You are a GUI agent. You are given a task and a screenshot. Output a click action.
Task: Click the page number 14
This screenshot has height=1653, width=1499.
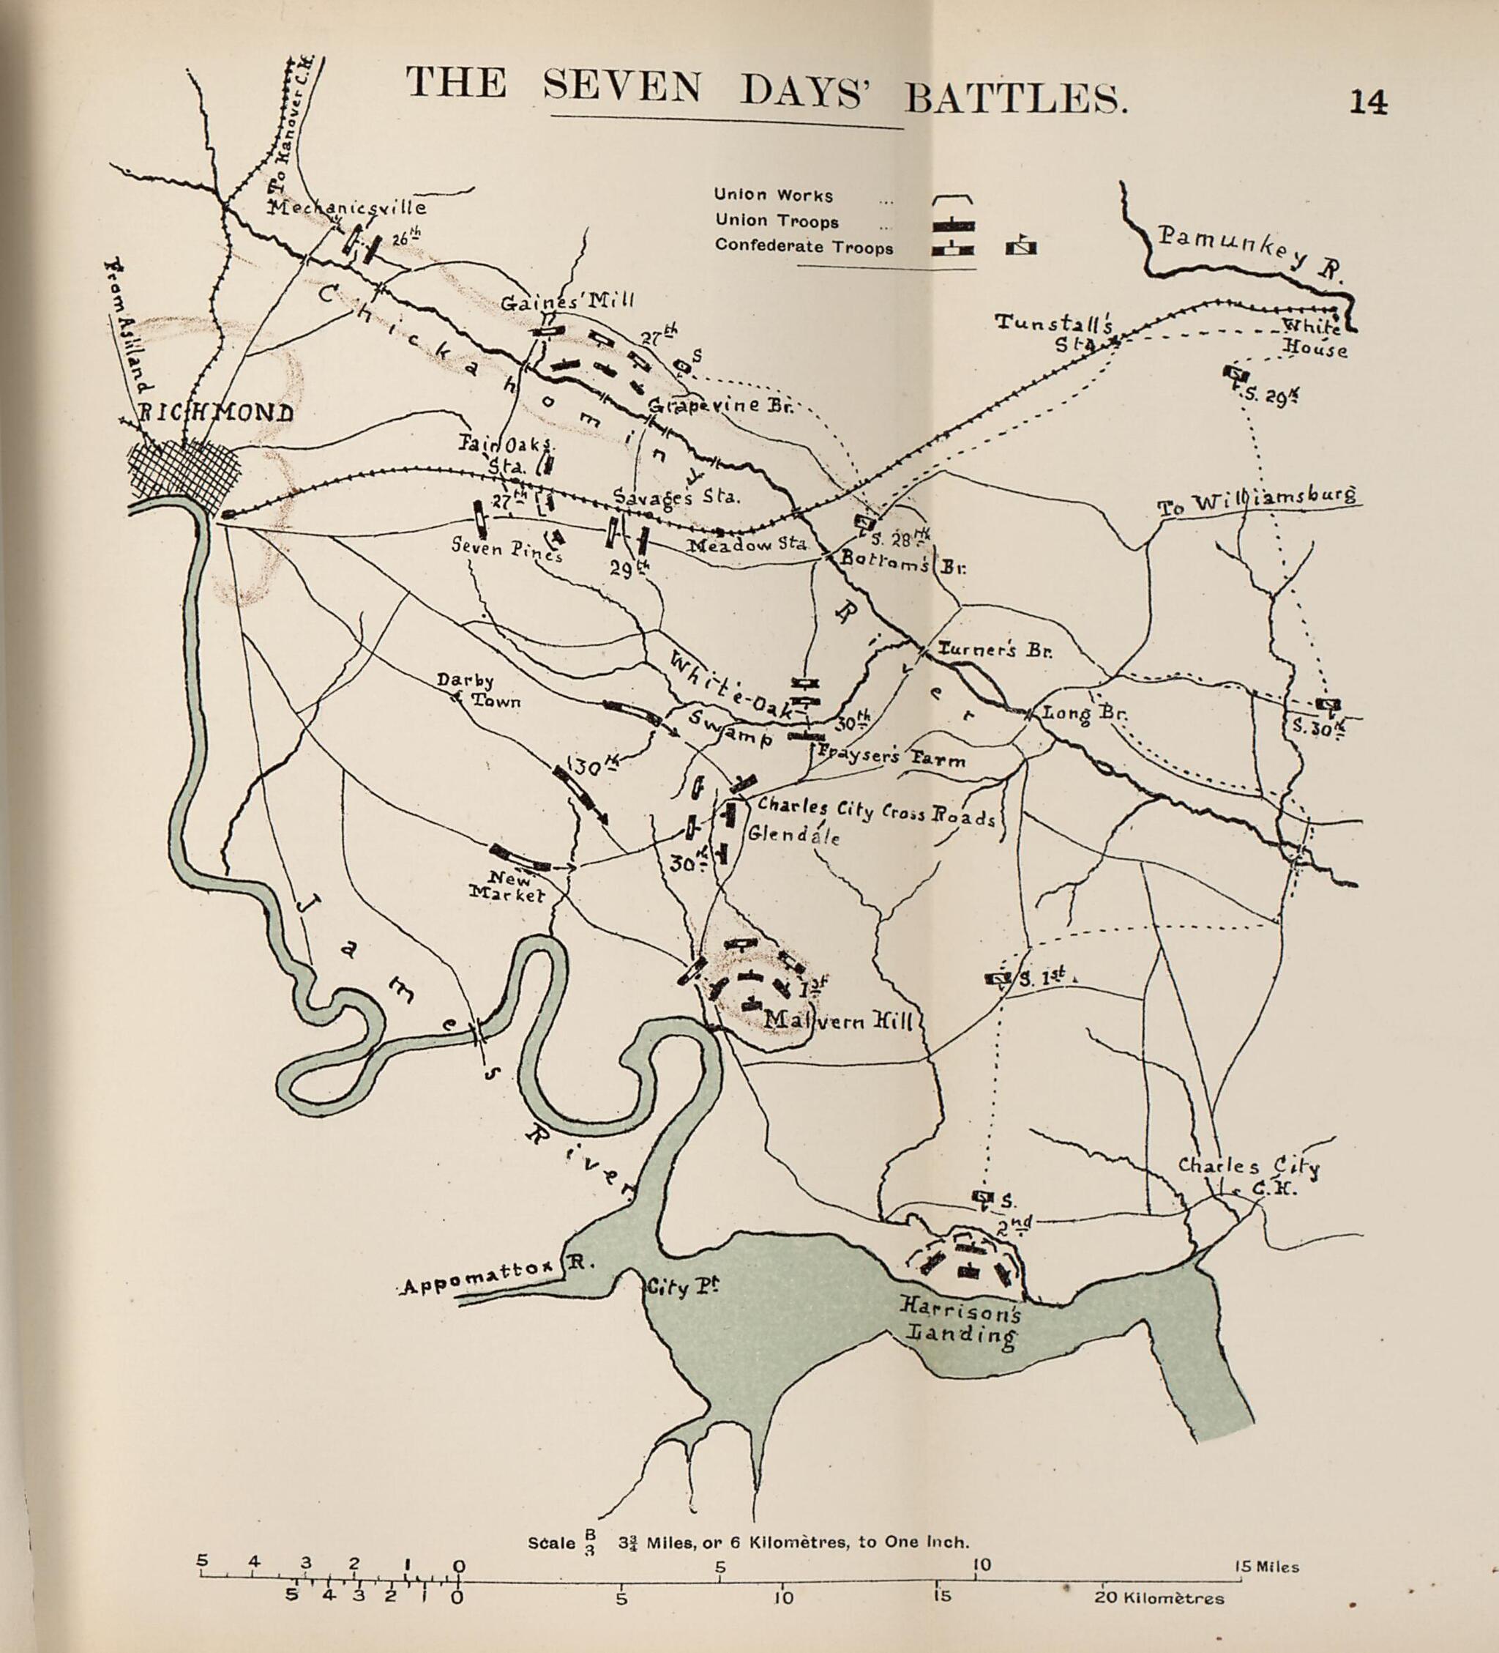tap(1369, 102)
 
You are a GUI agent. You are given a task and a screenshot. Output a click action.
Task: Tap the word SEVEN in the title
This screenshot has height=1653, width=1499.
tap(622, 87)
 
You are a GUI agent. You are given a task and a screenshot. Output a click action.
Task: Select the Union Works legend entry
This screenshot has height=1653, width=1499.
tap(773, 195)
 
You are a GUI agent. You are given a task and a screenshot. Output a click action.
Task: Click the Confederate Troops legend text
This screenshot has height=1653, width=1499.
tap(803, 247)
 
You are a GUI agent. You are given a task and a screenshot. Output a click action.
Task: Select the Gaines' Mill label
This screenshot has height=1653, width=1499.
tap(567, 301)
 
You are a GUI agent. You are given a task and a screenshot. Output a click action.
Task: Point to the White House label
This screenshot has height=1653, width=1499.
tap(1314, 338)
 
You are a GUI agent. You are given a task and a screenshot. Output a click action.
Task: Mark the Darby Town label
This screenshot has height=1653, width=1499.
tap(477, 692)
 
